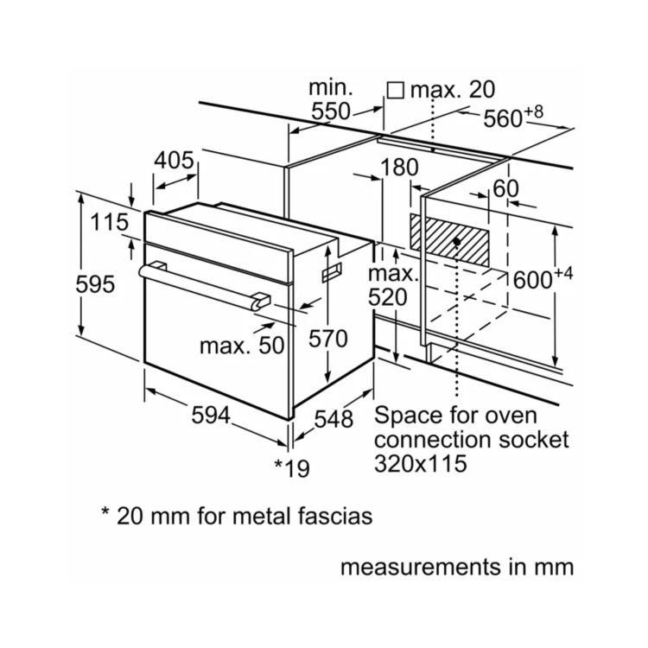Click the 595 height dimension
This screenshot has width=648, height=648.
click(94, 284)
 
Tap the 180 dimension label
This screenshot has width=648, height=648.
click(398, 168)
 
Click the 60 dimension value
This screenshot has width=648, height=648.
click(505, 189)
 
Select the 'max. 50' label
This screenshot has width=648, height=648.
click(242, 346)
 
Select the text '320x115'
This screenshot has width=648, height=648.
click(421, 463)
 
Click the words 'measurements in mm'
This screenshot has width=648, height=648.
click(456, 568)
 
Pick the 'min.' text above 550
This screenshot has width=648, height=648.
click(332, 87)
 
